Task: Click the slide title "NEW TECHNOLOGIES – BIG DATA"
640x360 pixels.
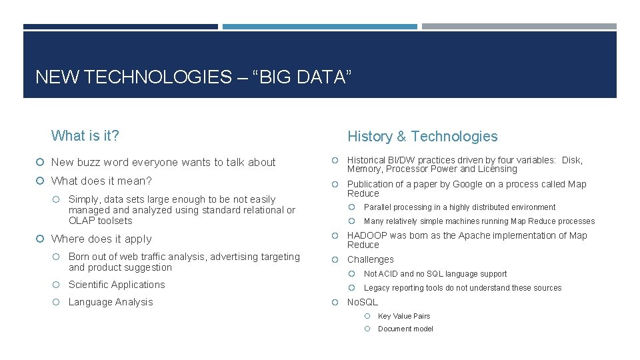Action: pyautogui.click(x=192, y=77)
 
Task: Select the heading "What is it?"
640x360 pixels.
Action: pyautogui.click(x=85, y=136)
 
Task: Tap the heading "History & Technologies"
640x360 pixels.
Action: pyautogui.click(x=422, y=137)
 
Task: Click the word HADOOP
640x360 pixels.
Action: pyautogui.click(x=367, y=235)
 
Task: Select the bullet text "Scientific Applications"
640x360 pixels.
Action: pyautogui.click(x=117, y=285)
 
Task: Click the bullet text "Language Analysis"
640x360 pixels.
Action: pyautogui.click(x=111, y=302)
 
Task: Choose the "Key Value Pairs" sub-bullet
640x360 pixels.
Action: pyautogui.click(x=404, y=316)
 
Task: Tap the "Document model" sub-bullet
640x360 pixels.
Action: pyautogui.click(x=405, y=329)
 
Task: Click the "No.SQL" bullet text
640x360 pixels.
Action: pyautogui.click(x=363, y=302)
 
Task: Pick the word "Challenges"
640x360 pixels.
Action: pyautogui.click(x=371, y=259)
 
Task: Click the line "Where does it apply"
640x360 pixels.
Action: pyautogui.click(x=101, y=239)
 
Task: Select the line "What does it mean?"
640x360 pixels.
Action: pyautogui.click(x=101, y=181)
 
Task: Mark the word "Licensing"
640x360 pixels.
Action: pyautogui.click(x=495, y=169)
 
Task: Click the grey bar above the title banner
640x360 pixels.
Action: pyautogui.click(x=519, y=27)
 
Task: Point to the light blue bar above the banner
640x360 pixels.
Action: pyautogui.click(x=319, y=27)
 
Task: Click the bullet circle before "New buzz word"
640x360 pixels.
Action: pyautogui.click(x=41, y=163)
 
